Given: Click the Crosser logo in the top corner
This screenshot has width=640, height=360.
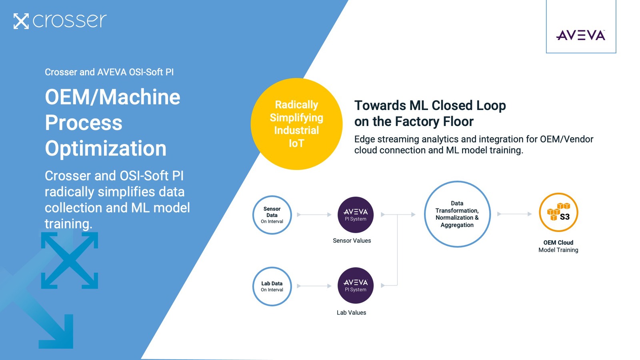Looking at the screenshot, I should click(60, 21).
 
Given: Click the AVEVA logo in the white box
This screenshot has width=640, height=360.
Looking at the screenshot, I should click(580, 35).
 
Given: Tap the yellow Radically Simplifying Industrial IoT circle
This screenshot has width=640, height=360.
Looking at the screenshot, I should click(296, 124).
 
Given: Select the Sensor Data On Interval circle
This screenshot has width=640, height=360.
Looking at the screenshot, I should click(272, 215).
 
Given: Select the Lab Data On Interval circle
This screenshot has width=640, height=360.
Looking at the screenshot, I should click(272, 286).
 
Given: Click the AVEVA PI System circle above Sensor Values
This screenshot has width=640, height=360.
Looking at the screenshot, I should click(355, 215).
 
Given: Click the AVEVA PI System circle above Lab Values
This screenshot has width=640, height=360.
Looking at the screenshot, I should click(355, 286).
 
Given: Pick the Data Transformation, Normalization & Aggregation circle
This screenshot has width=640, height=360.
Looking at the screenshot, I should click(457, 214).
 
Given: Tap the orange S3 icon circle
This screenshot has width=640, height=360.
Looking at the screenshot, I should click(558, 212).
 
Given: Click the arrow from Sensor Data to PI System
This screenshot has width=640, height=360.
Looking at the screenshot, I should click(314, 215).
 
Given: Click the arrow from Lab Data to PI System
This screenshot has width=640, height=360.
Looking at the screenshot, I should click(314, 286).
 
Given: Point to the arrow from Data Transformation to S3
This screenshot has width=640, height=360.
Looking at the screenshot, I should click(514, 214).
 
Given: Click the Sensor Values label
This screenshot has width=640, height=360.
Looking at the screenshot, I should click(352, 241).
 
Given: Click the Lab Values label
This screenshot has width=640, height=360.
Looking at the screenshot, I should click(351, 313).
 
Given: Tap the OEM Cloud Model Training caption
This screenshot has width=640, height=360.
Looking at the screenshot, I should click(558, 246).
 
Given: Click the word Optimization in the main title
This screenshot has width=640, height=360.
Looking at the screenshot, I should click(106, 148).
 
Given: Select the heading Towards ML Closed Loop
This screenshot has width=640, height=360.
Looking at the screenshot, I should click(430, 106).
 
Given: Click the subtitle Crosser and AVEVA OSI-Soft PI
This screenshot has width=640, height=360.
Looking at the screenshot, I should click(109, 72).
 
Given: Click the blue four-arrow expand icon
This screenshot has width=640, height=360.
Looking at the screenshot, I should click(70, 260).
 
